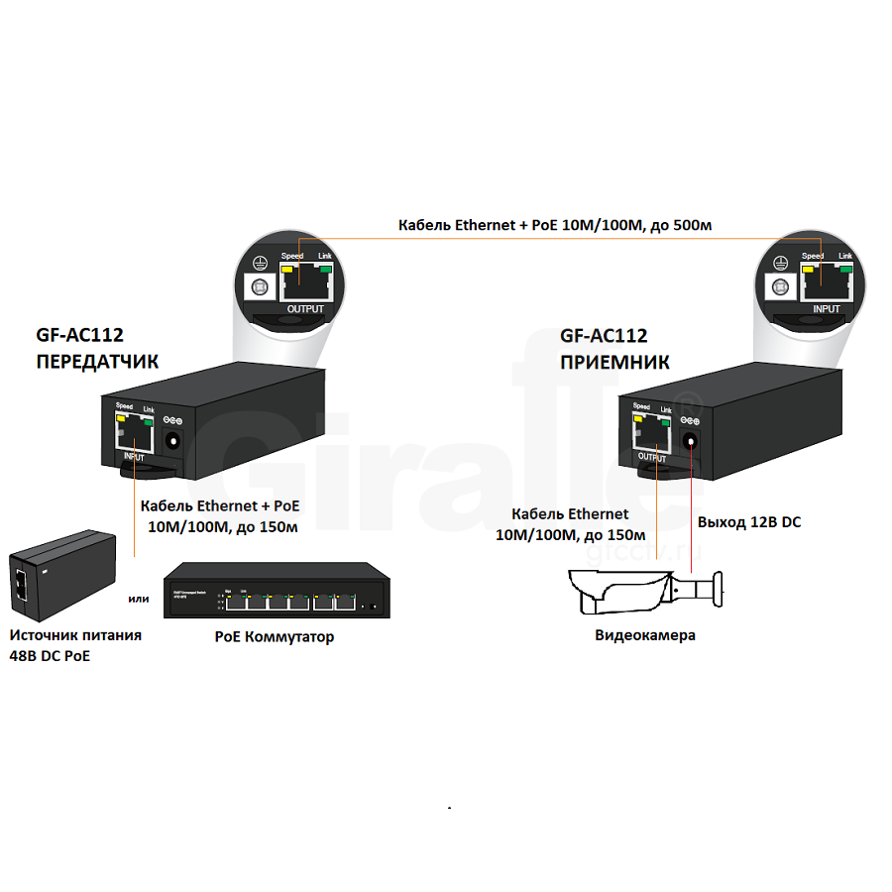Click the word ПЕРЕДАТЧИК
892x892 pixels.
(96, 361)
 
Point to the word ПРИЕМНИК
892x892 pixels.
(614, 362)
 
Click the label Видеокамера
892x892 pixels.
(645, 635)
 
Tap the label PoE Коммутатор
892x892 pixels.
(275, 637)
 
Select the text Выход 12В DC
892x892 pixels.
(749, 521)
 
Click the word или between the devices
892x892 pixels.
(139, 599)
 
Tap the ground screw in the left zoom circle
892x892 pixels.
(261, 286)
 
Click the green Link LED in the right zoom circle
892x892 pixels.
(845, 267)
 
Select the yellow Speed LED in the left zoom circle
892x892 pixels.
(288, 268)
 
